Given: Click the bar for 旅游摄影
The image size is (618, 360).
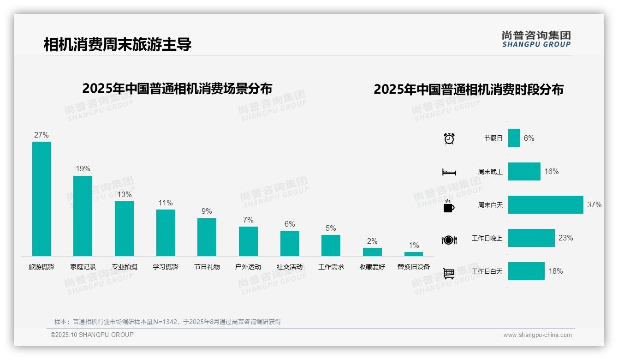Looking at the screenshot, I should [42, 198].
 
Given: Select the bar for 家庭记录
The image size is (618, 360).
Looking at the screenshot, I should [83, 216].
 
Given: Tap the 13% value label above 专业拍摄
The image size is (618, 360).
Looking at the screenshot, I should [124, 194].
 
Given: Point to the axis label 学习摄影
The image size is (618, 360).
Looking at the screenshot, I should [166, 267].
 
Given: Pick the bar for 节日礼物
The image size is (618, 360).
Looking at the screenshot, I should [207, 237].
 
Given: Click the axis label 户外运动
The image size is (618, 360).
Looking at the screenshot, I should [248, 267].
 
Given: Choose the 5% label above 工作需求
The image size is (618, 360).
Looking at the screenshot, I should [331, 228].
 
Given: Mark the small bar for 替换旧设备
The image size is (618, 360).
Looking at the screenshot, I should [414, 254].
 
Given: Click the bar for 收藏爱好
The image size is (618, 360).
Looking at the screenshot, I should [372, 252].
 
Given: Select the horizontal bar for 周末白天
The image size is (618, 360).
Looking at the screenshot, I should [546, 204].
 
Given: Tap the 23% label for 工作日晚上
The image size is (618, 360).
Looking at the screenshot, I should [565, 238].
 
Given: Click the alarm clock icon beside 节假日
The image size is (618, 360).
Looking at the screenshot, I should [449, 138].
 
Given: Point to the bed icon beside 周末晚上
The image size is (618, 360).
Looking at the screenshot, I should [449, 172].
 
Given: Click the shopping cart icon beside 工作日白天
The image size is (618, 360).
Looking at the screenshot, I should [449, 273].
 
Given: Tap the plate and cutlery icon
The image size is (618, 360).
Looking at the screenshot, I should [449, 240].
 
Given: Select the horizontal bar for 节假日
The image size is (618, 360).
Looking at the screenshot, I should [514, 138].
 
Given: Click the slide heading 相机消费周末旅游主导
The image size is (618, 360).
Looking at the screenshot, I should [117, 44].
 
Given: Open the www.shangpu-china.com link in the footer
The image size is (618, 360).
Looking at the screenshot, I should [537, 335].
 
